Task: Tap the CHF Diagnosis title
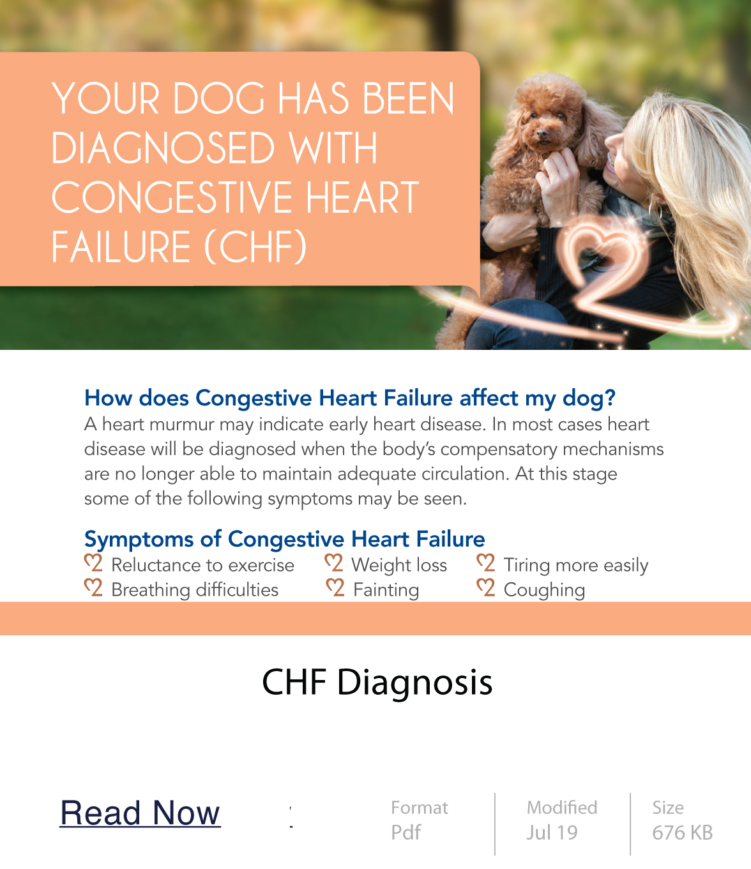tap(377, 682)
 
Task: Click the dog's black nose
tap(543, 134)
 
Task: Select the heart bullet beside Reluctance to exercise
tap(93, 563)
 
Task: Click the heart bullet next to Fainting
tap(335, 588)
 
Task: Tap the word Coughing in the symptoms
tap(545, 590)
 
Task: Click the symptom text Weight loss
tap(400, 565)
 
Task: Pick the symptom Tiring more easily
tap(576, 566)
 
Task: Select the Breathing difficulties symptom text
tap(195, 590)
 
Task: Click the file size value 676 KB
tap(683, 833)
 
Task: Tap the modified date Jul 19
tap(552, 833)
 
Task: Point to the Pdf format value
tap(406, 833)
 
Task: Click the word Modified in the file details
tap(562, 807)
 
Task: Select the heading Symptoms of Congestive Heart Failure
tap(285, 540)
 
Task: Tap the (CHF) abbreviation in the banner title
tap(255, 246)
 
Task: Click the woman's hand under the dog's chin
tap(557, 177)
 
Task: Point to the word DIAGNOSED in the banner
tap(163, 148)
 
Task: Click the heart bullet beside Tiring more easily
tap(486, 563)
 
